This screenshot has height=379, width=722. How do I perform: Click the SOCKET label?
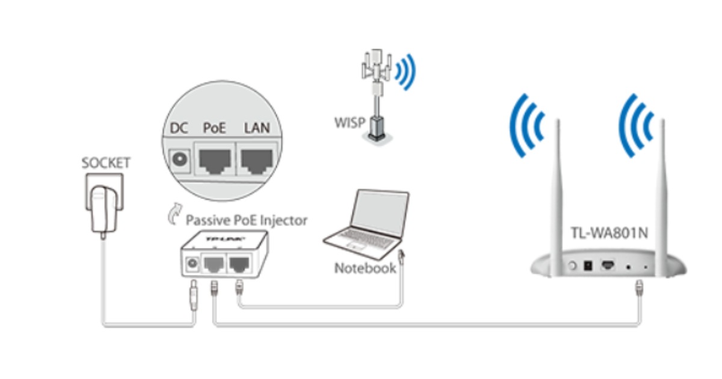(106, 163)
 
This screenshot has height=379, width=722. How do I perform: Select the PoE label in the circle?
(214, 128)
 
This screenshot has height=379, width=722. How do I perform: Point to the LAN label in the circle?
(256, 128)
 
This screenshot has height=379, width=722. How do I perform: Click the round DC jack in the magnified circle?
(179, 160)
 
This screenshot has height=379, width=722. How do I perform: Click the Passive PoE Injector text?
(247, 220)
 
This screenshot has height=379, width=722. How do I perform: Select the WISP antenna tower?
(377, 96)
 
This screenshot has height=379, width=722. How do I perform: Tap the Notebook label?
(365, 268)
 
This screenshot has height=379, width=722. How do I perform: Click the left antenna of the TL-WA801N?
(558, 193)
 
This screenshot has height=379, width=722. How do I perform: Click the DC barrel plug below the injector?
(194, 295)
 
